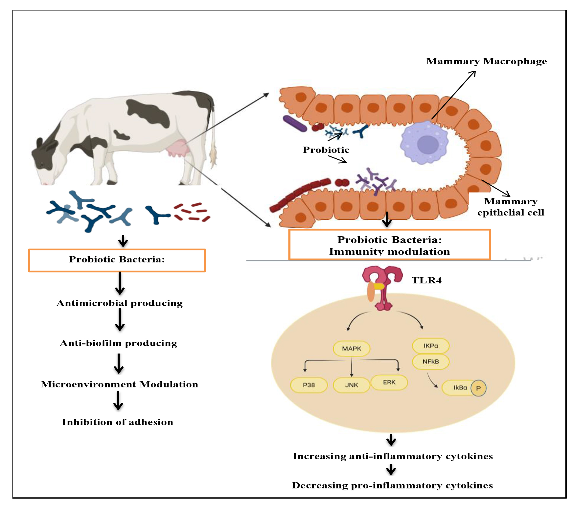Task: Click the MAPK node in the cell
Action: pos(352,348)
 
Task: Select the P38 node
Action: pos(309,385)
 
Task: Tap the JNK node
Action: pos(352,385)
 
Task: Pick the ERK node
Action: pos(389,382)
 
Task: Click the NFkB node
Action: pos(431,361)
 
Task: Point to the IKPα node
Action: pos(431,346)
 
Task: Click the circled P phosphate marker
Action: pos(478,388)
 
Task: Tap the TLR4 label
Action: pos(426,280)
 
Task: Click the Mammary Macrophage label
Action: pos(486,61)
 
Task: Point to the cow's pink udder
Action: pos(178,148)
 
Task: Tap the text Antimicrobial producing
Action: pos(120,303)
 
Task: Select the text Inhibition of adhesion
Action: pos(117,422)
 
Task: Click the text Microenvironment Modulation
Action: pos(119,384)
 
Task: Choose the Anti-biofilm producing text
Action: pos(118,343)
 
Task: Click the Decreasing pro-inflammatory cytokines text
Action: pos(392,485)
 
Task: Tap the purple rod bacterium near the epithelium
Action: pos(295,123)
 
